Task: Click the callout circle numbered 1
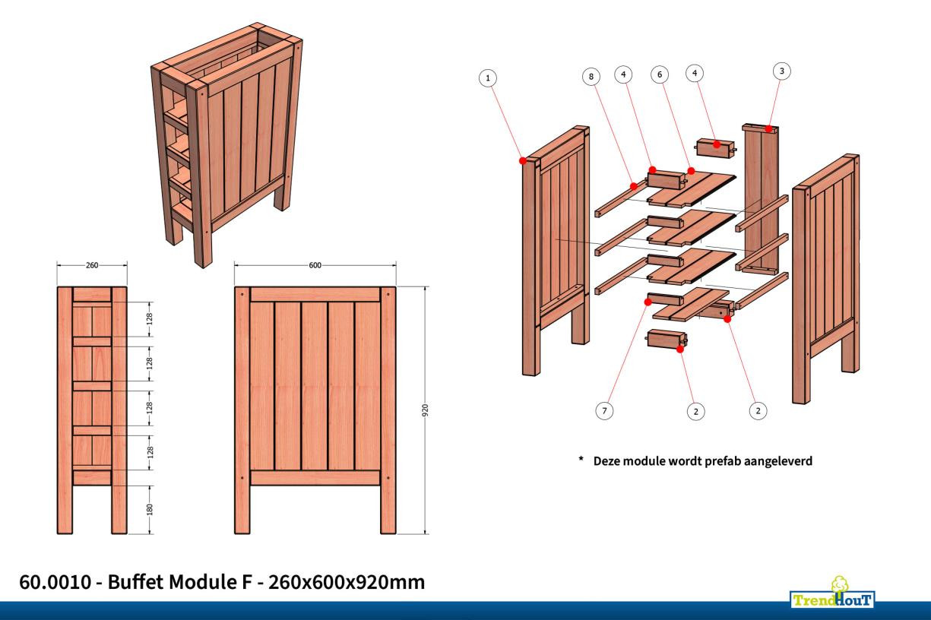488,77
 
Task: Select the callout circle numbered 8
591,76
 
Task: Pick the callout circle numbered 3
781,71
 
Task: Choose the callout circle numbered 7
604,410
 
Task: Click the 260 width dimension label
91,266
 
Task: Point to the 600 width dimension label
315,266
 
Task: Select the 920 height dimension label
426,410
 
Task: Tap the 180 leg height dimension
150,509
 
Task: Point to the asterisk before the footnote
581,460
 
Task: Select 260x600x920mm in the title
347,583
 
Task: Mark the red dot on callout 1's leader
523,161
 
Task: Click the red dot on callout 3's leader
770,129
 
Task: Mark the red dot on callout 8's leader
633,183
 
